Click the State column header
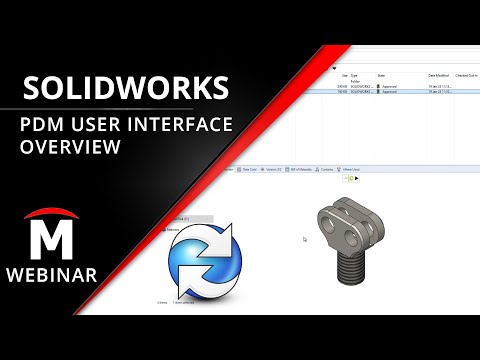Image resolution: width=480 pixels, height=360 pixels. [380, 75]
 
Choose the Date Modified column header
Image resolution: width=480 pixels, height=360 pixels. [439, 75]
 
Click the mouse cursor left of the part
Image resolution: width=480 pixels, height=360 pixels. [305, 239]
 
